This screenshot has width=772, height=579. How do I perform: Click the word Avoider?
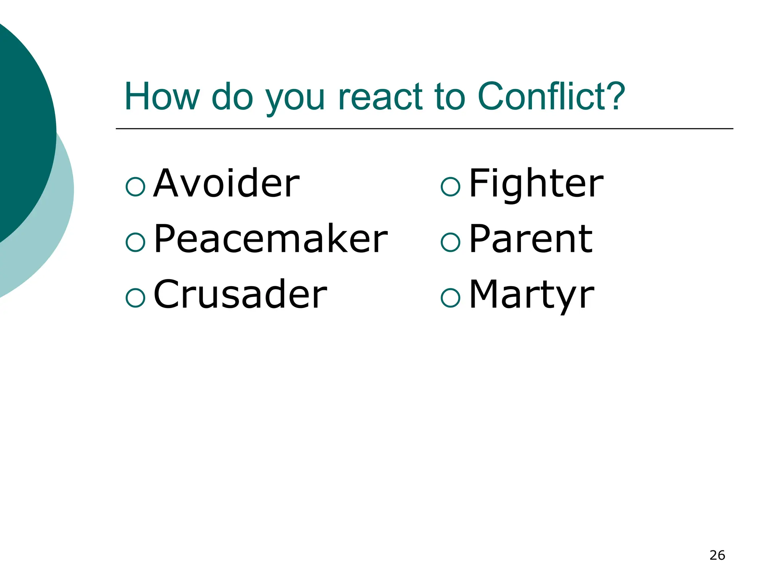click(227, 184)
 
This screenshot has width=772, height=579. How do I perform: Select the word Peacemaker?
click(271, 239)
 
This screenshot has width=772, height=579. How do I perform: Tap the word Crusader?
click(240, 294)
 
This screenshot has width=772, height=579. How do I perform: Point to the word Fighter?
click(536, 184)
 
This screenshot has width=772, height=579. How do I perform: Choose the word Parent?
click(531, 239)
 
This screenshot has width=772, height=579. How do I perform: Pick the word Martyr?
click(532, 294)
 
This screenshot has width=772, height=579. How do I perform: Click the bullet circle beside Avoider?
click(135, 187)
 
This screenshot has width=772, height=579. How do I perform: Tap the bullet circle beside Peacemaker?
click(135, 242)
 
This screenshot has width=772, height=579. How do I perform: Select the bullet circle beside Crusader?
click(135, 298)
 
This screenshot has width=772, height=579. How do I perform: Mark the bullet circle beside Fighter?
click(450, 187)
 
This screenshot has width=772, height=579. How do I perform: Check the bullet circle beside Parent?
click(450, 242)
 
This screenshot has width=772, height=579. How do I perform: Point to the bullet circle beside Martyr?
click(450, 298)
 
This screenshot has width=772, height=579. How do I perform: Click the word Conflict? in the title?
click(551, 96)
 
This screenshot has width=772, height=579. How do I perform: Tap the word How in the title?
click(162, 96)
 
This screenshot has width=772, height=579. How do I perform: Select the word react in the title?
click(381, 97)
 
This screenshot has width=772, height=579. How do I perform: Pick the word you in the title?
click(295, 99)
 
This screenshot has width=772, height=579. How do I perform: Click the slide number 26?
click(717, 555)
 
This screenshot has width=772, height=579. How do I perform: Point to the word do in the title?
click(232, 96)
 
